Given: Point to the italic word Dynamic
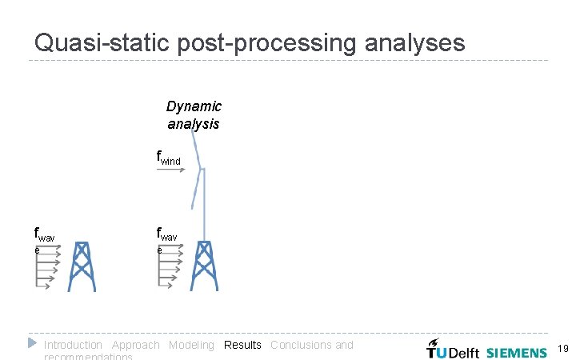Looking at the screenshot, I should point(194,106).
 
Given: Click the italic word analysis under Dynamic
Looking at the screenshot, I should point(194,124).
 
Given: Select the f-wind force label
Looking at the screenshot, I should point(169,158).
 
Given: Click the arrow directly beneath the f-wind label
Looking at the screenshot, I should point(172,170).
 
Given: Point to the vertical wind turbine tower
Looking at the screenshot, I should point(203,204).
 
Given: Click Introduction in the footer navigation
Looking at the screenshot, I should point(73,345).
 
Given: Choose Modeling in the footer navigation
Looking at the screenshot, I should point(191,345).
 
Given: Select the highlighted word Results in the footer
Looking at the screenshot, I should point(242,345).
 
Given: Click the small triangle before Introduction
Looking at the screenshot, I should point(32,343).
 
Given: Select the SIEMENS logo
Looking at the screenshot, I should point(516,352).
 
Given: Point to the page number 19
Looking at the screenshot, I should point(562,349).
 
